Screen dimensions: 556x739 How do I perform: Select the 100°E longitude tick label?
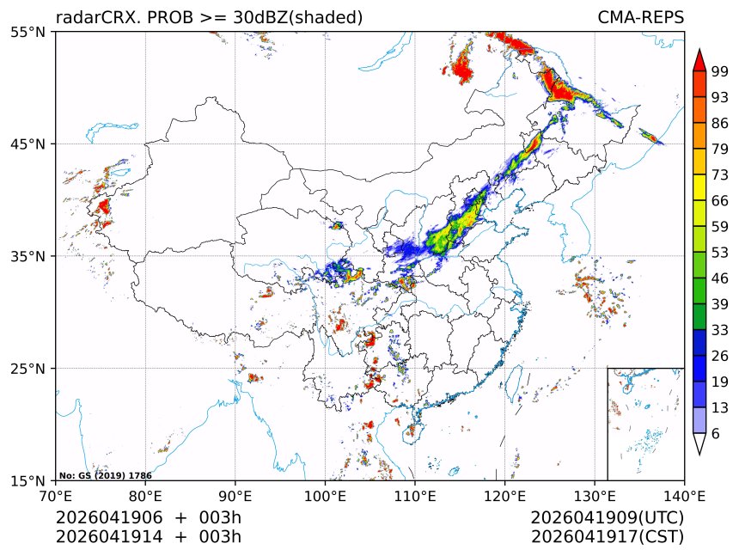(x=325, y=496)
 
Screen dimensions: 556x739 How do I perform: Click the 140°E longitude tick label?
(x=684, y=496)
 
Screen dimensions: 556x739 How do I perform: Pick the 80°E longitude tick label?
(x=145, y=496)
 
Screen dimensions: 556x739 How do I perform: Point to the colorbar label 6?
(x=716, y=434)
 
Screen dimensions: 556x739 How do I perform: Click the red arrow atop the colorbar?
(x=699, y=60)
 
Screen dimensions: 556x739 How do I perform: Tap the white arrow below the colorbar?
(x=699, y=443)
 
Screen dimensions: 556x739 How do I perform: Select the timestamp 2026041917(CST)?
(x=607, y=537)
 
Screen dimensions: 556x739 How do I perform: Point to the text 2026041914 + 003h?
(x=149, y=537)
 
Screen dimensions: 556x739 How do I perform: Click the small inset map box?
(x=645, y=424)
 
